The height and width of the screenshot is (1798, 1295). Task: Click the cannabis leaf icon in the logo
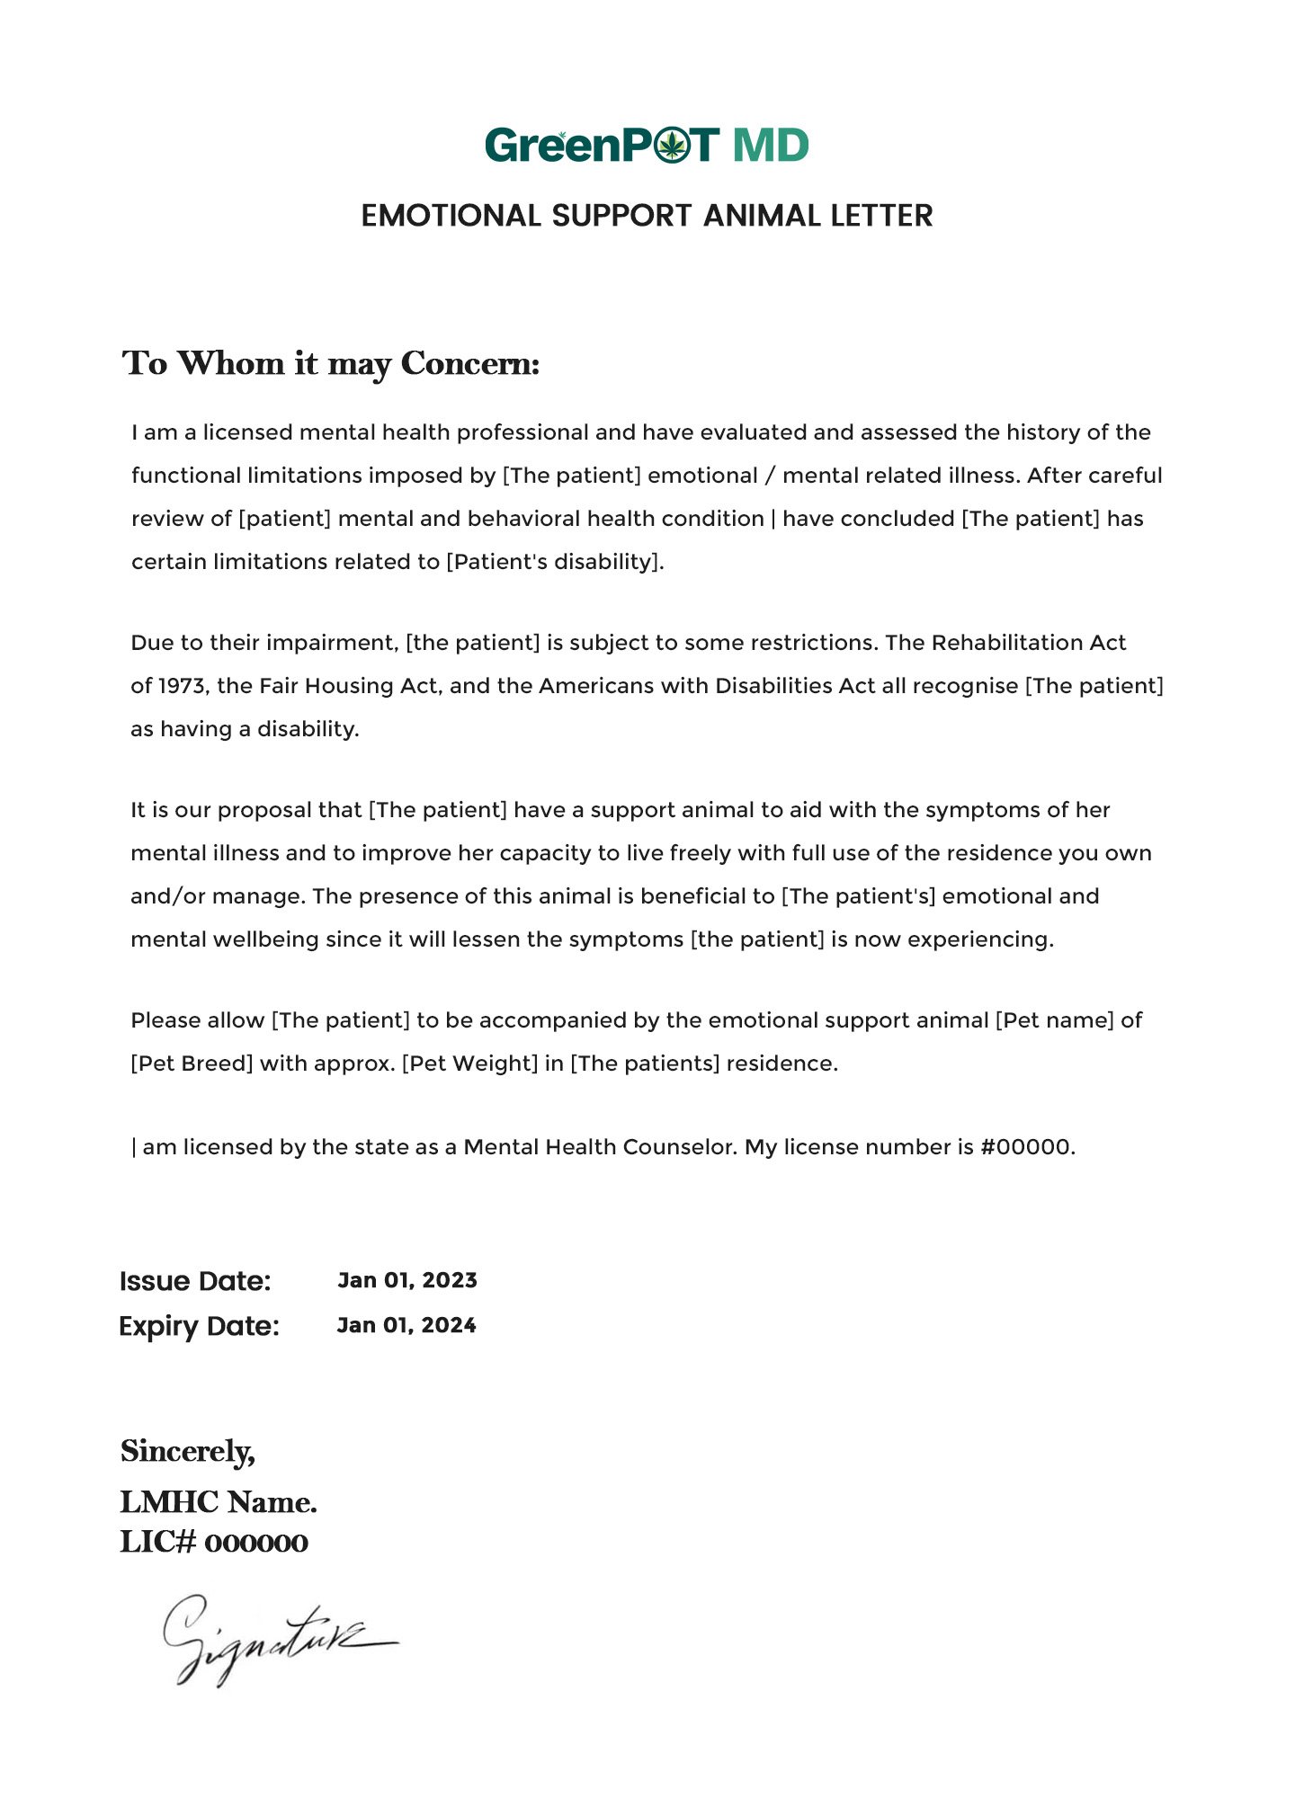click(671, 145)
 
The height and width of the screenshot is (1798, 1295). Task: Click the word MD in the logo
click(771, 145)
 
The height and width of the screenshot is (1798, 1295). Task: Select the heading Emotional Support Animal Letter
click(647, 216)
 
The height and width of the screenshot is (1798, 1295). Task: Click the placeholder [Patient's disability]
click(554, 562)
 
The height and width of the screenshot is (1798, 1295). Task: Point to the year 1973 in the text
click(181, 686)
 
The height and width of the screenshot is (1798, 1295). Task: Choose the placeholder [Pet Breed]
click(192, 1064)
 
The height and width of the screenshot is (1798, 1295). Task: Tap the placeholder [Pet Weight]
click(469, 1064)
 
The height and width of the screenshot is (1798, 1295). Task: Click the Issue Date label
click(195, 1281)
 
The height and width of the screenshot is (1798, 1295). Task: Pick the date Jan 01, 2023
click(407, 1280)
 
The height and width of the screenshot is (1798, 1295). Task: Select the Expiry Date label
click(199, 1326)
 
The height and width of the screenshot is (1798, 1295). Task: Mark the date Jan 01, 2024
click(406, 1325)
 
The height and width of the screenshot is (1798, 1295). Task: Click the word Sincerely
click(187, 1451)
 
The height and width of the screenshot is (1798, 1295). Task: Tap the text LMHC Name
click(219, 1501)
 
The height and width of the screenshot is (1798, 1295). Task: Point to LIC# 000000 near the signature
click(214, 1542)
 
